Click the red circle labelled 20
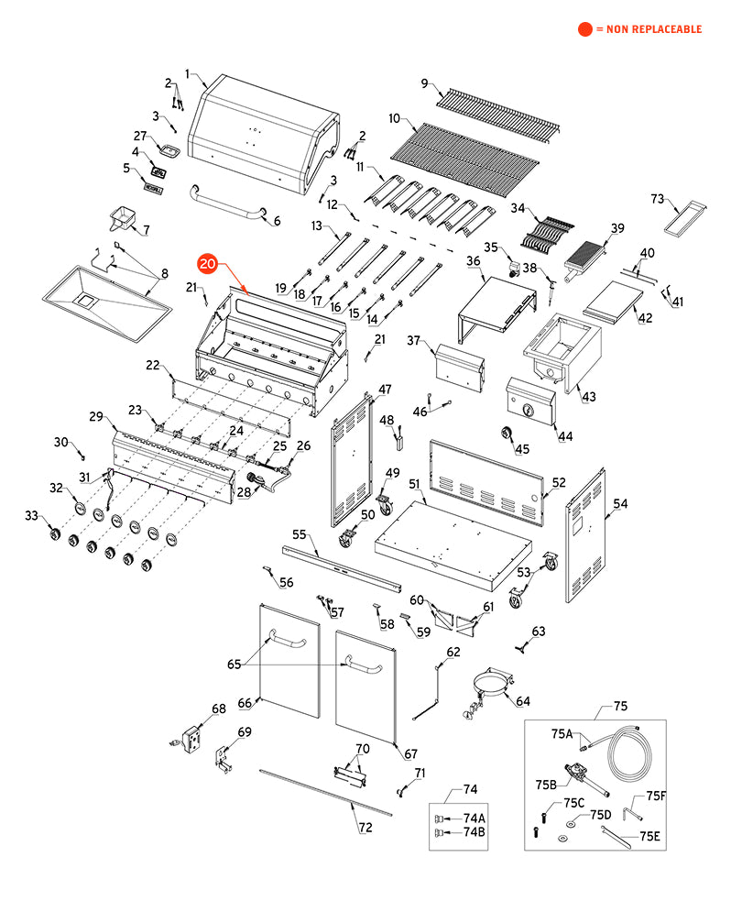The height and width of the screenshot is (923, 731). click(208, 265)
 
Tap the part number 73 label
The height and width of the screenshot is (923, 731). click(657, 199)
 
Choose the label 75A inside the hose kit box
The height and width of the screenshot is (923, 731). click(562, 734)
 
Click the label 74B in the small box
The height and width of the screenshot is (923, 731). click(474, 832)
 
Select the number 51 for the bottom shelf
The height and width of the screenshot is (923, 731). click(414, 483)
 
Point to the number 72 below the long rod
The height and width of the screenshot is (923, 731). click(365, 828)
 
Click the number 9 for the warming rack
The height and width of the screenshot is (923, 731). click(425, 83)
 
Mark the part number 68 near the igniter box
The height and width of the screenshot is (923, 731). click(218, 709)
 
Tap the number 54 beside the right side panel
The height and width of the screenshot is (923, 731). click(620, 503)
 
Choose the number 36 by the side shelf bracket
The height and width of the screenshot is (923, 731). click(473, 261)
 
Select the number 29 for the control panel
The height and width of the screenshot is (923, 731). click(95, 416)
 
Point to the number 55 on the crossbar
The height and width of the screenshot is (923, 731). click(299, 533)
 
